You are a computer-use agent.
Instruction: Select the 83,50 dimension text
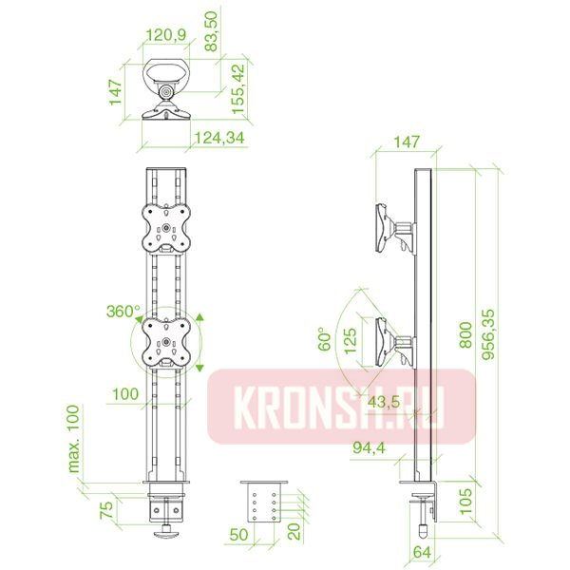point(212,31)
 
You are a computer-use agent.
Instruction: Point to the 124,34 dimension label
point(219,139)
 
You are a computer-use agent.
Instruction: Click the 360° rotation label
point(123,312)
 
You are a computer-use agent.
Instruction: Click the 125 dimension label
point(351,339)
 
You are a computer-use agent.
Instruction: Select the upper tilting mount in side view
point(391,229)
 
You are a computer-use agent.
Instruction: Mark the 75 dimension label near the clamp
point(108,507)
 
